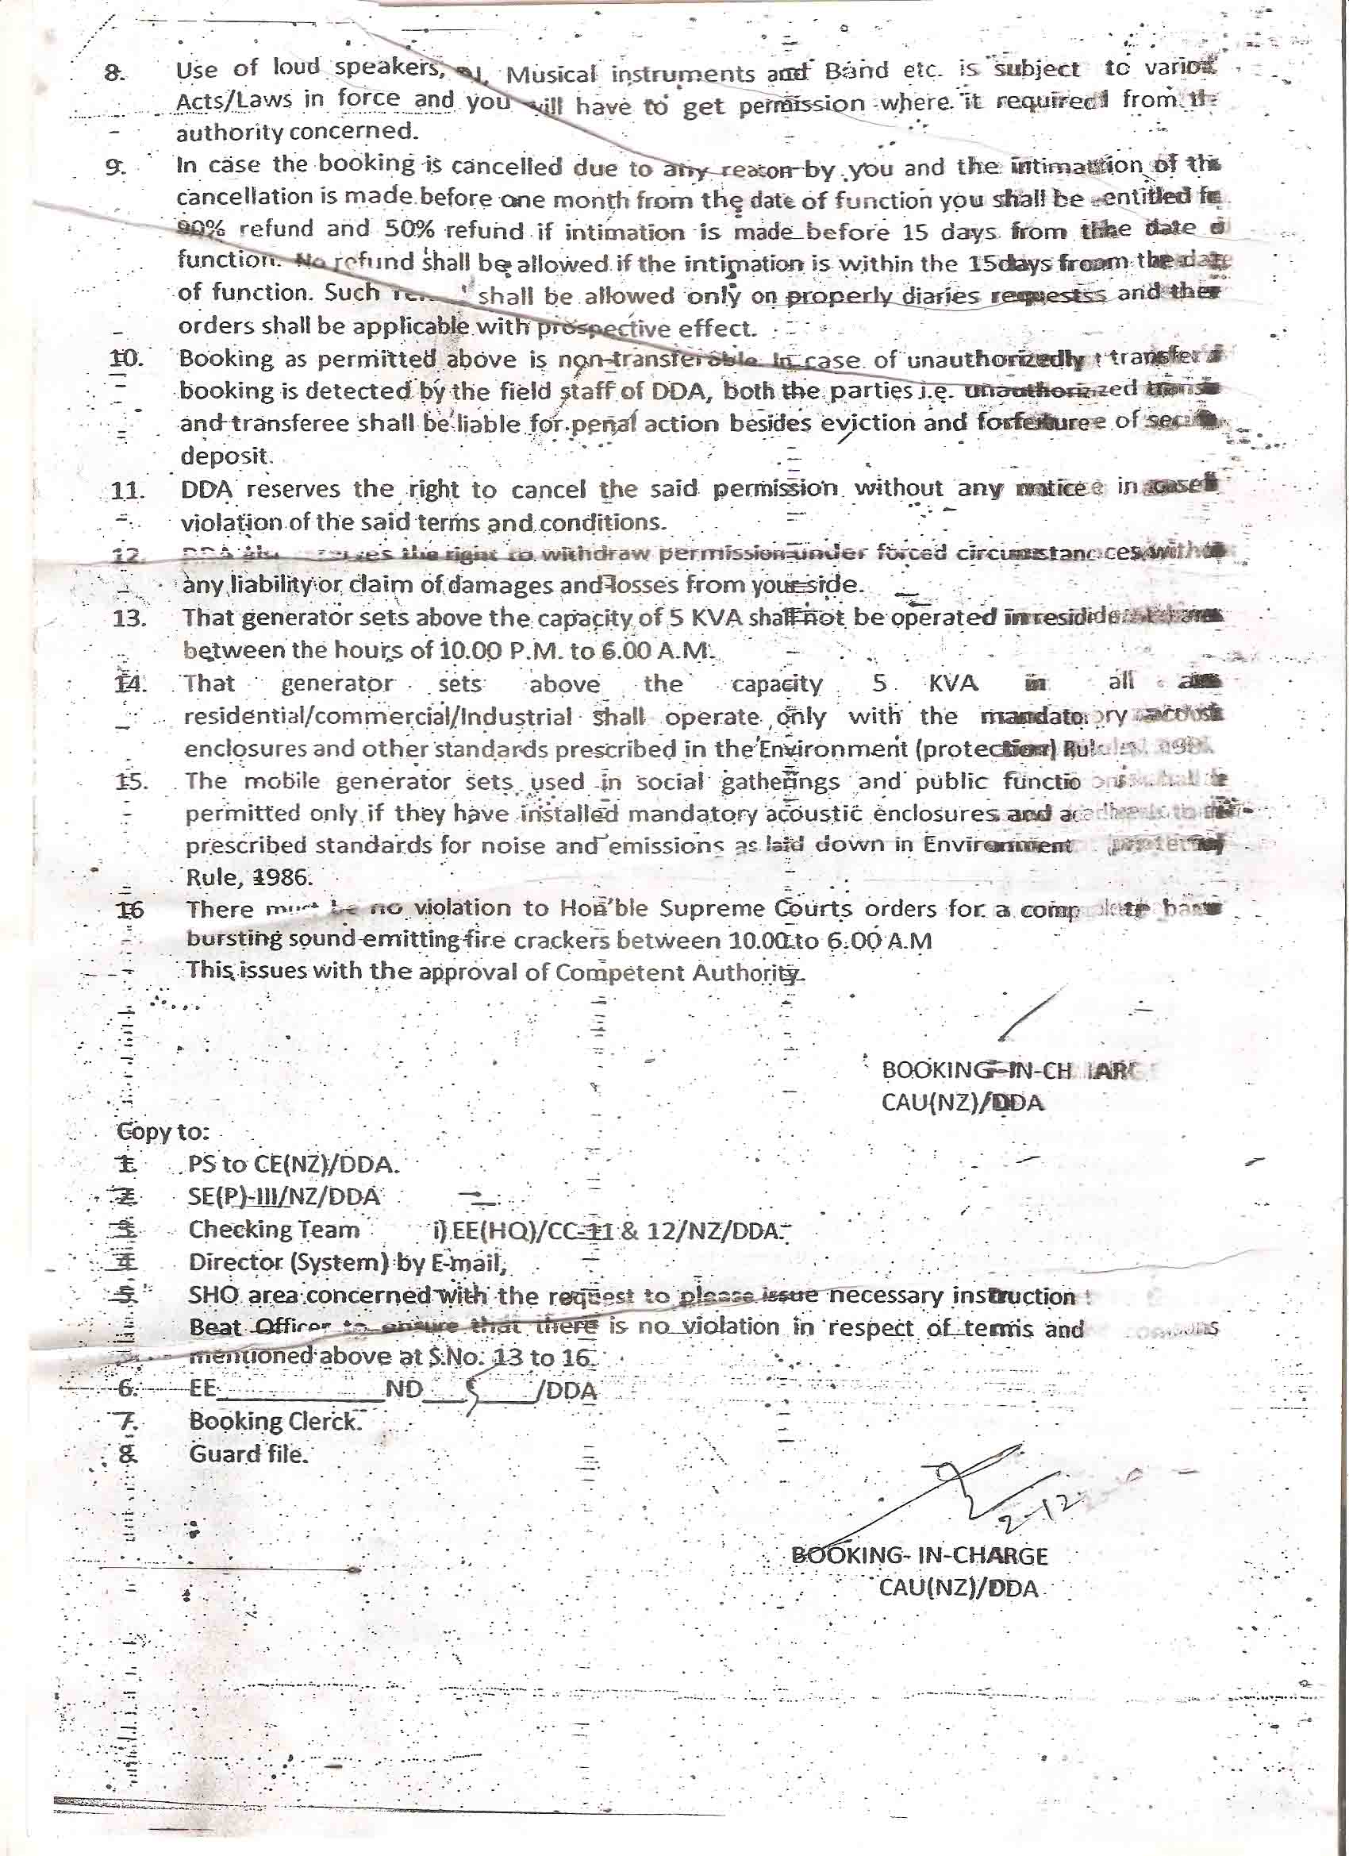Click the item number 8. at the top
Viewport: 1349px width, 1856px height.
pos(114,72)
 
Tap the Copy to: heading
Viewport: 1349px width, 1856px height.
pos(163,1132)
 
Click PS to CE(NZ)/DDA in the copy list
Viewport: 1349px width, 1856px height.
pos(294,1164)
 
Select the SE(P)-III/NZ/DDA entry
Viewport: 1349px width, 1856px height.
pos(284,1196)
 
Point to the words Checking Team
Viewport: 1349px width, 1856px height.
pos(273,1229)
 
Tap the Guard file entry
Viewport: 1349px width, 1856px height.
pos(248,1454)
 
